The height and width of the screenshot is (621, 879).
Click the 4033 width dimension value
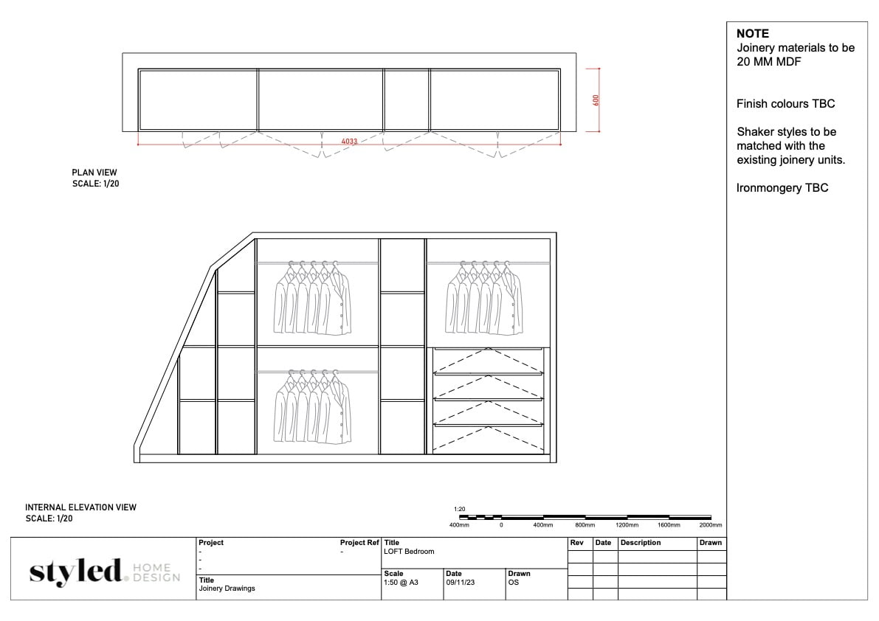pos(350,141)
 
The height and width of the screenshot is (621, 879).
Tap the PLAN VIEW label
pos(94,173)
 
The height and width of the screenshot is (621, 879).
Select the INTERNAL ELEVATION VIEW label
pos(80,507)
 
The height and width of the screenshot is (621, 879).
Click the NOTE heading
pos(752,33)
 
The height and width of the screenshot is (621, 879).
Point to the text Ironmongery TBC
pos(782,188)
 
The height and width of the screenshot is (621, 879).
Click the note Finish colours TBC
pos(785,104)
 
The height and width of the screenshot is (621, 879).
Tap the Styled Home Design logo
pos(103,572)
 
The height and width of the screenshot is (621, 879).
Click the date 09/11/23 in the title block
pos(463,581)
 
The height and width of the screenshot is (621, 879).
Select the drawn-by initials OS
pos(513,581)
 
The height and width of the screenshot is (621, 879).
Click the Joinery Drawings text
pos(227,589)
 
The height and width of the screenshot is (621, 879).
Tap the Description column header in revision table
pos(641,543)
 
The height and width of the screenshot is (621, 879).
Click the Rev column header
pos(576,543)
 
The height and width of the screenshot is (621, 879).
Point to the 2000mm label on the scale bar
pos(710,525)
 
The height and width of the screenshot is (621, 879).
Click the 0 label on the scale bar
pos(501,525)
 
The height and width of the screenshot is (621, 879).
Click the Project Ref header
pos(359,543)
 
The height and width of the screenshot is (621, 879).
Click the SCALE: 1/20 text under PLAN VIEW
pos(95,184)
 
